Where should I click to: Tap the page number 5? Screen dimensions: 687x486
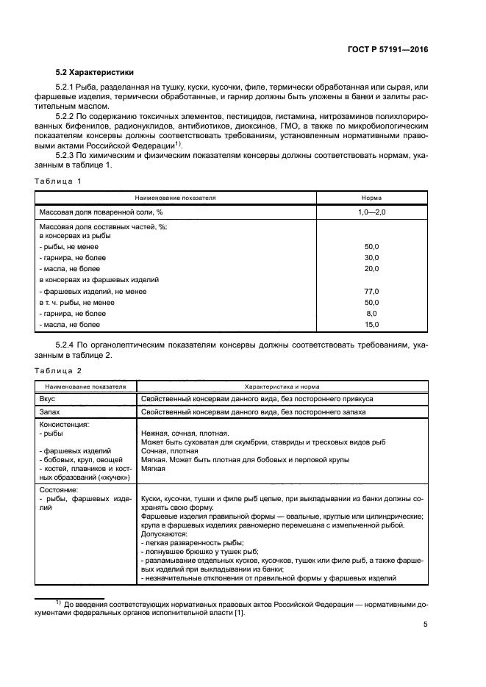(426, 625)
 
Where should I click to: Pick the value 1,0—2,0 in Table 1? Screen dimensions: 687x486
(371, 212)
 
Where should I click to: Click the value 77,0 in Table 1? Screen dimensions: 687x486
(371, 291)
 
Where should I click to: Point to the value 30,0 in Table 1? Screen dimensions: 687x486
(371, 258)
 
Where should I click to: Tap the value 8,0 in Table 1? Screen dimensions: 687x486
(371, 313)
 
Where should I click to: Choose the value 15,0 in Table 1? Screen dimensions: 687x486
(371, 324)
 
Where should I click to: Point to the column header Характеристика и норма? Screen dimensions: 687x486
(282, 386)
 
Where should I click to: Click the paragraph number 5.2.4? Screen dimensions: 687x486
(68, 345)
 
